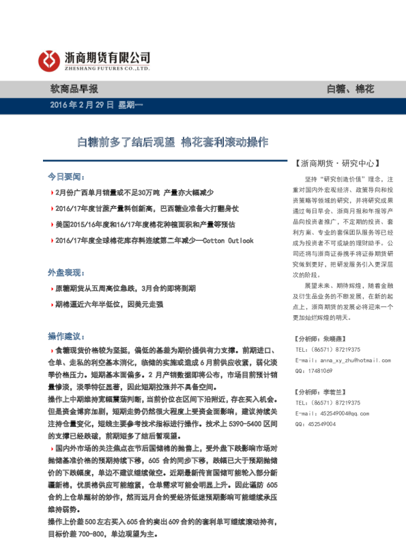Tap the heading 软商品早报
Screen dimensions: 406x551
tap(74, 89)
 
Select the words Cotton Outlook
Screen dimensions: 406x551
tap(229, 241)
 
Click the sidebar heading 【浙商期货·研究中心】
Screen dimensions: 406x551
tap(336, 164)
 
